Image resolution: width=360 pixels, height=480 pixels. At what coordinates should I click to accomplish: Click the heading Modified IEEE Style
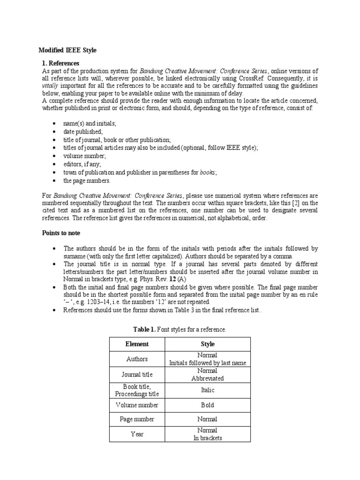pos(67,50)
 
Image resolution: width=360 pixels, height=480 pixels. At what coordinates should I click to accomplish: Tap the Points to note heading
pos(61,233)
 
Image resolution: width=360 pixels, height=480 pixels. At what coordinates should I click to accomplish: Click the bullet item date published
pos(83,132)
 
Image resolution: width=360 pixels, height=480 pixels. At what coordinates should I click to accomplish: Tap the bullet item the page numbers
pos(87,180)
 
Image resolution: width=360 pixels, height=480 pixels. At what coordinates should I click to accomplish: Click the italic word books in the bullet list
pos(207,172)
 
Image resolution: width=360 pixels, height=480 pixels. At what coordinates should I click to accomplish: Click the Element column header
pos(137,344)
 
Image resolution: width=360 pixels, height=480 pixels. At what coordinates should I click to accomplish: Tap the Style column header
pos(207,344)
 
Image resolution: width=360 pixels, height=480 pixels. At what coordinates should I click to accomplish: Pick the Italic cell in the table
pos(207,390)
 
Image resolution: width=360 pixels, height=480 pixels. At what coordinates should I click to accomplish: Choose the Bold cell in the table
pos(207,405)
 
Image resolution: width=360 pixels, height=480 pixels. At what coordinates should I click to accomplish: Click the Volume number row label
pos(137,405)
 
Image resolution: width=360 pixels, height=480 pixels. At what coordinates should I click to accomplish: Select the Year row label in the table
pos(137,434)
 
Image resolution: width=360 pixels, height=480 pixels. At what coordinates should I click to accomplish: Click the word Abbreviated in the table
pos(207,378)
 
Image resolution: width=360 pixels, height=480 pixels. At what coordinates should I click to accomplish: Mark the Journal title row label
pos(137,374)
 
